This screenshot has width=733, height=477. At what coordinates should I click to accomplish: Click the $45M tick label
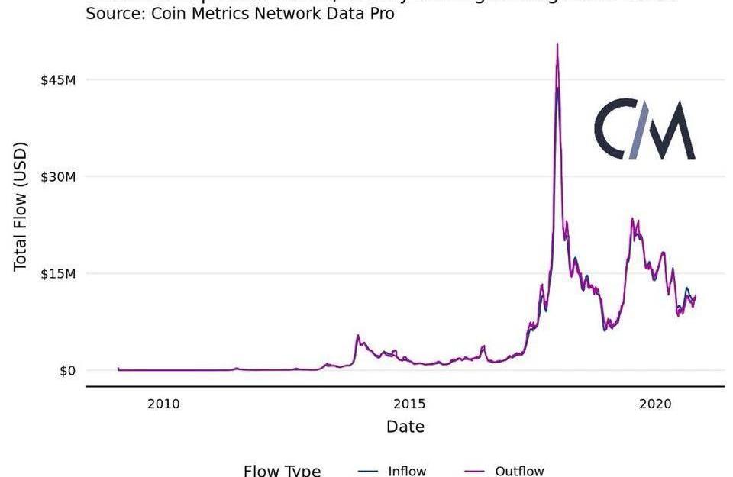coord(58,80)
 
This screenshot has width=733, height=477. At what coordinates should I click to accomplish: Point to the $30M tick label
coord(58,177)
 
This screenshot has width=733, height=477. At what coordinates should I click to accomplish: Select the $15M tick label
coord(58,274)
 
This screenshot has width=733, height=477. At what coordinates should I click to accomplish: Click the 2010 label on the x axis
coord(163,403)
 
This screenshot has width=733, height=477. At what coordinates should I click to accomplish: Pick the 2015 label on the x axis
coord(410,403)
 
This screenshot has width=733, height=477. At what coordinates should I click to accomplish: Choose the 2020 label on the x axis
coord(656,403)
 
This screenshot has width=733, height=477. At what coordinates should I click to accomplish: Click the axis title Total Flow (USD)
coord(21,206)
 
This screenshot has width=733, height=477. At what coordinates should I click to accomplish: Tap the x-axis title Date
coord(405,427)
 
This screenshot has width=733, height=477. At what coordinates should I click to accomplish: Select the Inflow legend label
coord(407,471)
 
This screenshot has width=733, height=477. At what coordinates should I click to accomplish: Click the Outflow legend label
coord(519,471)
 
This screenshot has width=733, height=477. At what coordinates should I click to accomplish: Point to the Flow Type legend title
coord(282,471)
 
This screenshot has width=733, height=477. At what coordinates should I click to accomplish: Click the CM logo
coord(645,129)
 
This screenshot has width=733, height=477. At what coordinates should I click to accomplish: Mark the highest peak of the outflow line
coord(557,44)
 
